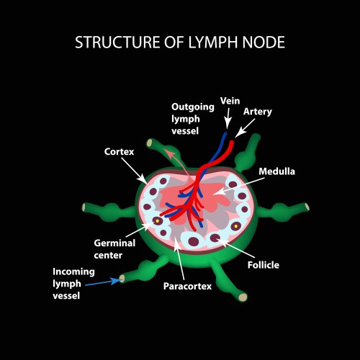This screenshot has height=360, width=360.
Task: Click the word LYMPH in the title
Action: (212, 42)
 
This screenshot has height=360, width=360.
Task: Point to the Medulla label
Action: (277, 171)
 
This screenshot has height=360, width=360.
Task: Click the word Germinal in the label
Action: (114, 243)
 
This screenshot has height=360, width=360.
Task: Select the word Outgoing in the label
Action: (192, 107)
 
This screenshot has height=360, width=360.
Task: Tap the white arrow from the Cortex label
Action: (136, 171)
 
